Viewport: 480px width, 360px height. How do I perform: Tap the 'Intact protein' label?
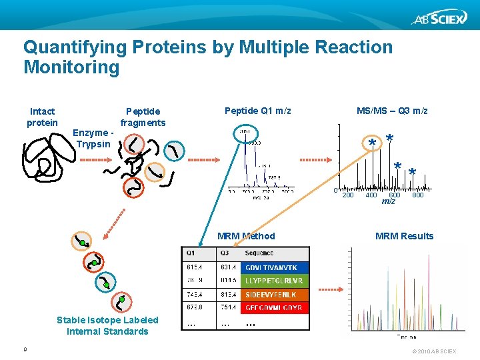42,117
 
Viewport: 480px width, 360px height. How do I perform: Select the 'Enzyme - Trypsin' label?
93,139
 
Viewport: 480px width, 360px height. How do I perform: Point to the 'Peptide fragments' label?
143,117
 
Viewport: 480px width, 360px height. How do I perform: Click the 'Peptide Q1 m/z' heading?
258,111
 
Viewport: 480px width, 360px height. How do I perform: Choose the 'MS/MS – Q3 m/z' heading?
392,111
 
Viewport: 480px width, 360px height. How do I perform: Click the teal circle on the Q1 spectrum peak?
245,135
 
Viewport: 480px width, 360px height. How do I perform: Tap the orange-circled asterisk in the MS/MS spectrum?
372,143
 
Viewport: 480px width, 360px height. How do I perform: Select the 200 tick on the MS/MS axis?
347,195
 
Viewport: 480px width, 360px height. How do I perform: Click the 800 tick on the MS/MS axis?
418,195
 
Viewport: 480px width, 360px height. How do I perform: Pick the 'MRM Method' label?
246,236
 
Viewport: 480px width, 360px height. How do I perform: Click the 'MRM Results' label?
404,236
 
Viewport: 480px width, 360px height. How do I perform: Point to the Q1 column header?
191,253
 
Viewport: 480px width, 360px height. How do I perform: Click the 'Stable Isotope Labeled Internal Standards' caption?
107,326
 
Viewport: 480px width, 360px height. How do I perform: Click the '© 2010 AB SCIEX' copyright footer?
434,351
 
